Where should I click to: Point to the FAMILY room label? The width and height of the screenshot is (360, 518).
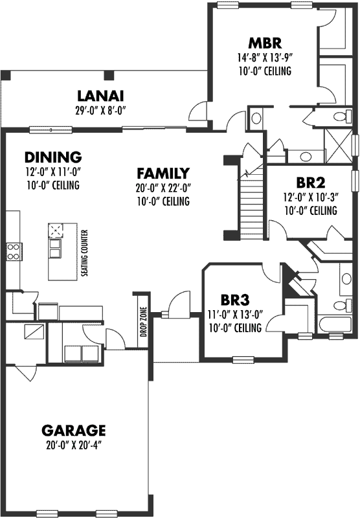point(163,174)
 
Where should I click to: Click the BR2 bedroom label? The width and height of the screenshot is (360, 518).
point(309,182)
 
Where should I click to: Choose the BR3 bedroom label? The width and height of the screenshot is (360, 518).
point(234,300)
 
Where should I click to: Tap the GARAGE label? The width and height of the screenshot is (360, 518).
point(73,430)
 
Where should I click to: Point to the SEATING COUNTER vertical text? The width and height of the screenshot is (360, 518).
point(84,253)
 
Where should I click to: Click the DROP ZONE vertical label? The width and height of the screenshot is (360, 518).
point(143,322)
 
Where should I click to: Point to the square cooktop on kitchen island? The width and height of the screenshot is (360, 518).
point(56,231)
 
